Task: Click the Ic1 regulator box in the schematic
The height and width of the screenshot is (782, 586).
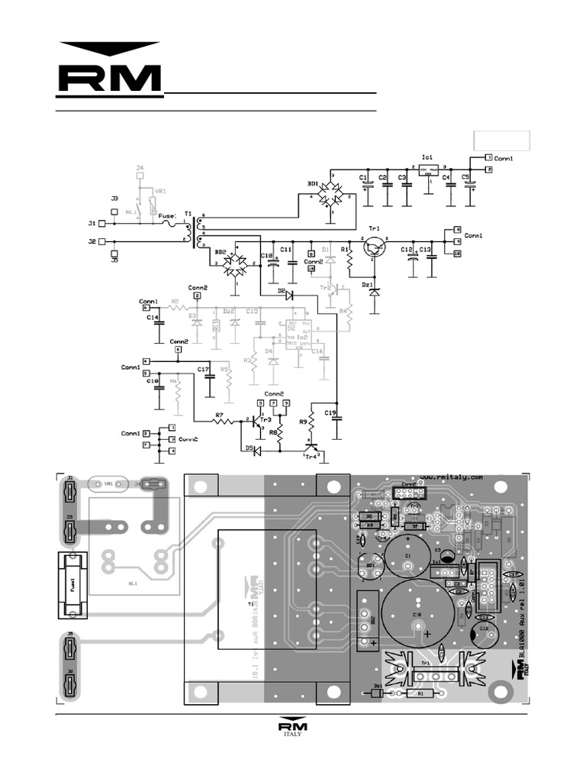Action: click(429, 172)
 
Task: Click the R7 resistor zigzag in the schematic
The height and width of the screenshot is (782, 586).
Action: click(221, 422)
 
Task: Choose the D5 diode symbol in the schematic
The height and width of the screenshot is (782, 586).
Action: click(257, 451)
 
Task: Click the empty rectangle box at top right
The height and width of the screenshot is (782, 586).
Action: click(501, 140)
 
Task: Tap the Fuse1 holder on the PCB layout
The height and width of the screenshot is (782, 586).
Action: click(70, 586)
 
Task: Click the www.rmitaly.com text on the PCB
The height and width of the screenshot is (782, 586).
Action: click(450, 477)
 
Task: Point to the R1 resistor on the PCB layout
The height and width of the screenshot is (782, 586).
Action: click(416, 693)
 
